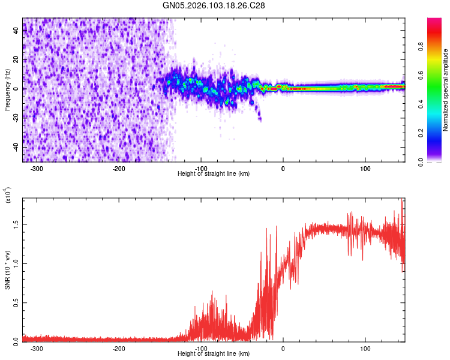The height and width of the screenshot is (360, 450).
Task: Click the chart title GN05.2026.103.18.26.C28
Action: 214,5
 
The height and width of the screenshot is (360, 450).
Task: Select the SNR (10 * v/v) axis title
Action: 7,268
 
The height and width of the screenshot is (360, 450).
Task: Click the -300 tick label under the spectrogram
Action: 37,168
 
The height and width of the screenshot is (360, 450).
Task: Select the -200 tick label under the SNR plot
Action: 119,348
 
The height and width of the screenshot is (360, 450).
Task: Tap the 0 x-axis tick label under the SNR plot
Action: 283,348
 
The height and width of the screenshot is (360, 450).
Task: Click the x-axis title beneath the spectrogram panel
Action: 214,173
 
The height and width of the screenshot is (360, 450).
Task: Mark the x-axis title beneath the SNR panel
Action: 214,353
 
